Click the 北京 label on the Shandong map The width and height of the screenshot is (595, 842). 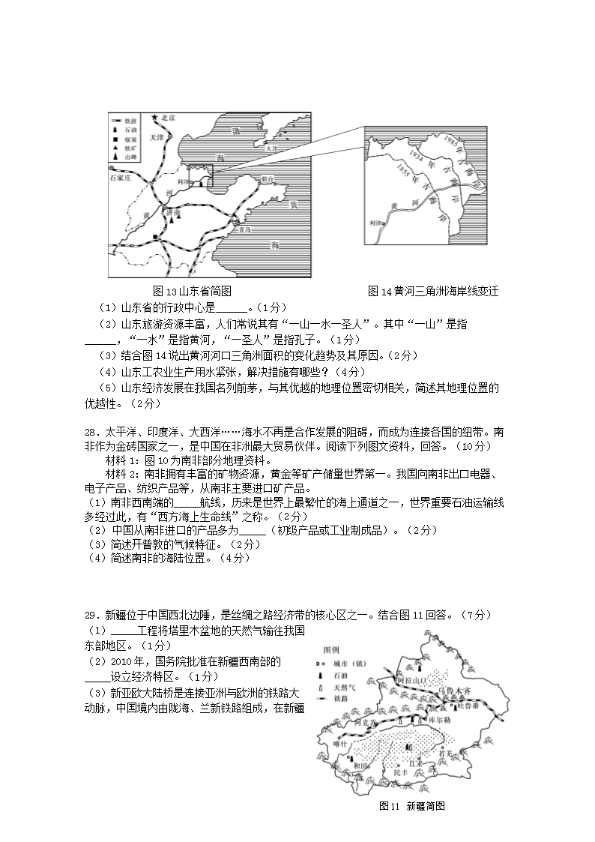point(169,118)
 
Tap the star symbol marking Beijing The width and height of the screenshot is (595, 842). point(155,118)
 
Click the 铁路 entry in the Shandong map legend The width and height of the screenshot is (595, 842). point(131,121)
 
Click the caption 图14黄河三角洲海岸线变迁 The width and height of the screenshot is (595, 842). point(433,291)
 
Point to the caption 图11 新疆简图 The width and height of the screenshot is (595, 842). point(413,806)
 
